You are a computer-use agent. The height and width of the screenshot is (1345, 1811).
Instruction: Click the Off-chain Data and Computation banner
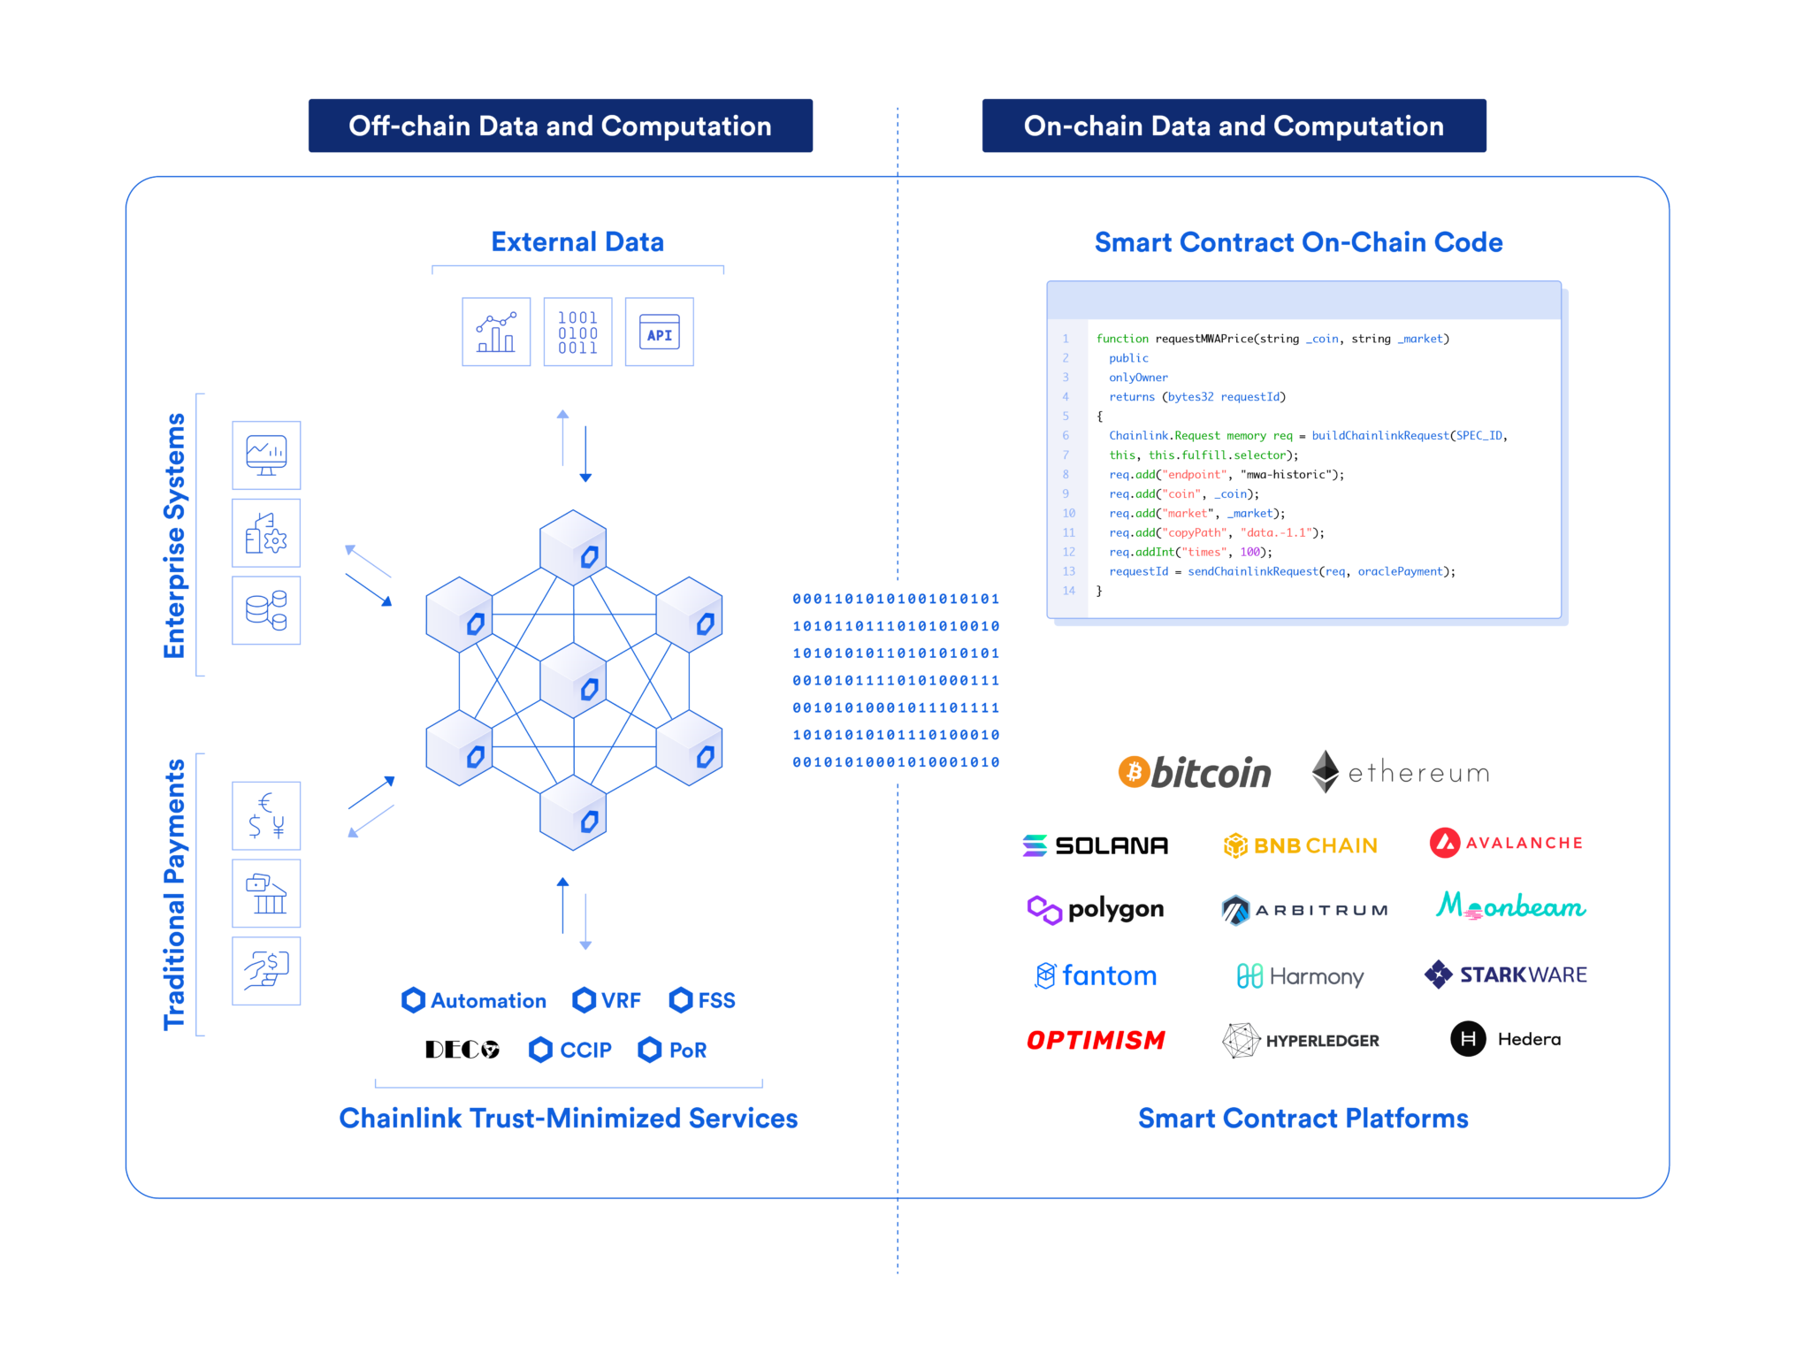point(560,126)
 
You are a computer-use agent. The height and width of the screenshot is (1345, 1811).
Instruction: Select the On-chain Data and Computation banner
point(1234,126)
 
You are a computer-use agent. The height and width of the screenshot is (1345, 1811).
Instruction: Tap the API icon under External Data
point(659,332)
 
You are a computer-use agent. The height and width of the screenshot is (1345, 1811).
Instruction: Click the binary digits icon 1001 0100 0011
point(577,332)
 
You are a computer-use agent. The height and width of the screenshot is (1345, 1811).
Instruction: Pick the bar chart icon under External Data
point(496,332)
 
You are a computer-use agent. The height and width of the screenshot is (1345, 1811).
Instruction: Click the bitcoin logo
point(1195,772)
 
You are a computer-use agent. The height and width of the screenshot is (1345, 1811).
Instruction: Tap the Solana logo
point(1096,845)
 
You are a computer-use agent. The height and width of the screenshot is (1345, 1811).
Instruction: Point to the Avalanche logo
point(1506,843)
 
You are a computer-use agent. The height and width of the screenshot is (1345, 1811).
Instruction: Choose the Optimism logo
point(1096,1040)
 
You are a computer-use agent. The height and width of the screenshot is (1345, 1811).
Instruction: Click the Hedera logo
point(1506,1039)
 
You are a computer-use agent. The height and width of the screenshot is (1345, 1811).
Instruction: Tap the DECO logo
point(462,1050)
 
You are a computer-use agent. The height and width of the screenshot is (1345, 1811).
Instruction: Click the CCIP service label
point(570,1050)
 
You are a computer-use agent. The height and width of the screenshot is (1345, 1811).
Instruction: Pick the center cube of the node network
point(574,679)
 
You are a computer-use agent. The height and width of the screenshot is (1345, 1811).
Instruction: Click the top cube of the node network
point(574,546)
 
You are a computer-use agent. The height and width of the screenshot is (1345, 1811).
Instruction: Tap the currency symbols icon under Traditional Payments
point(266,815)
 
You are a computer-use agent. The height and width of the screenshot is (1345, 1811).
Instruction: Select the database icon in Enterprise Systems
point(266,610)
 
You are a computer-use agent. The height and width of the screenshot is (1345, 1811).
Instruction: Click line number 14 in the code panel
point(1068,591)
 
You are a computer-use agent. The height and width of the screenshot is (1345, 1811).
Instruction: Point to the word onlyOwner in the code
point(1138,378)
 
